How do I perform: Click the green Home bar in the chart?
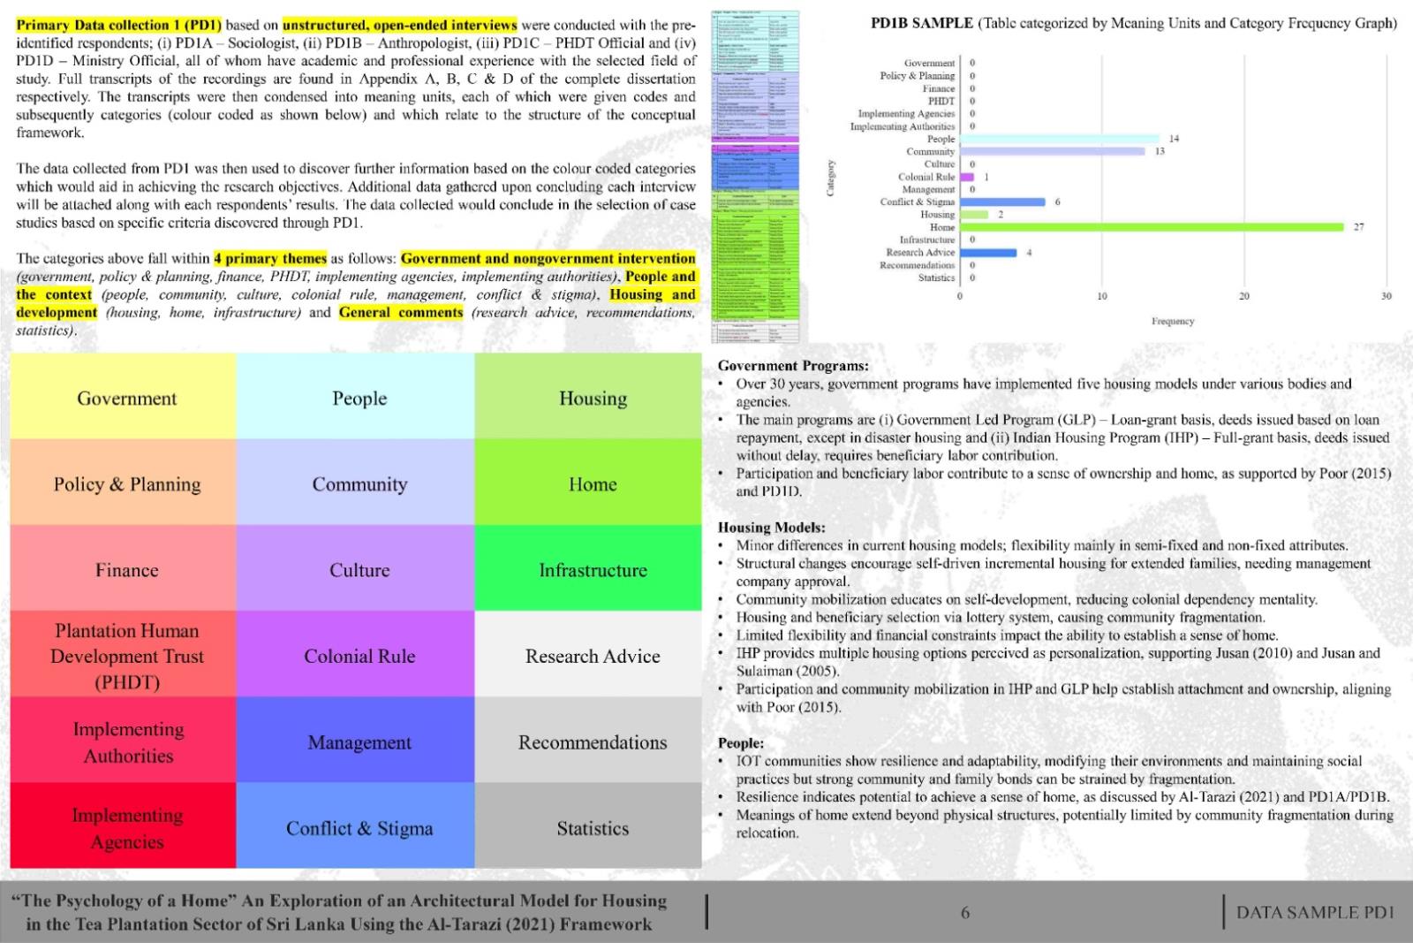click(1152, 227)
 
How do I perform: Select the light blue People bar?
click(1059, 139)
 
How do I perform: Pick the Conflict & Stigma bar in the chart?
click(1001, 202)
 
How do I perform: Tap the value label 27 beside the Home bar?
click(1358, 227)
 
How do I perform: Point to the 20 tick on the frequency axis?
click(1243, 296)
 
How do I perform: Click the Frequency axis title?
click(1172, 321)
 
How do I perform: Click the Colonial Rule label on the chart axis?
click(926, 177)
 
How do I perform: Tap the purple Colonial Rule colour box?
click(359, 656)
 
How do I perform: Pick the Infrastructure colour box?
click(592, 570)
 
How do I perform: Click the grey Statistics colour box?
click(592, 828)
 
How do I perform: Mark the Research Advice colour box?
click(592, 656)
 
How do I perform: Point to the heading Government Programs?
click(792, 366)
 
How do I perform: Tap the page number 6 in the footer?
click(964, 912)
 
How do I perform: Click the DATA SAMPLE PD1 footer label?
click(1314, 912)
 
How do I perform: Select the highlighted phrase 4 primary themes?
click(270, 259)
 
